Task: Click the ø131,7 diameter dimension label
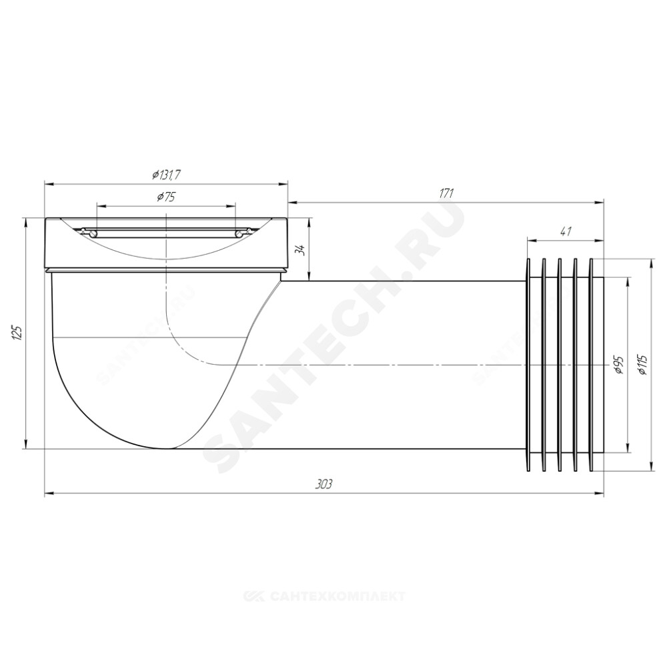click(167, 174)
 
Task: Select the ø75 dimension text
click(166, 197)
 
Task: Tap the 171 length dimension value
click(446, 193)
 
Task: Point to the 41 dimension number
click(566, 231)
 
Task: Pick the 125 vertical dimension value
click(17, 333)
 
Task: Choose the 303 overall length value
click(324, 484)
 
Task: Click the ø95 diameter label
click(618, 365)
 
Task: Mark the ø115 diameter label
click(642, 365)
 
